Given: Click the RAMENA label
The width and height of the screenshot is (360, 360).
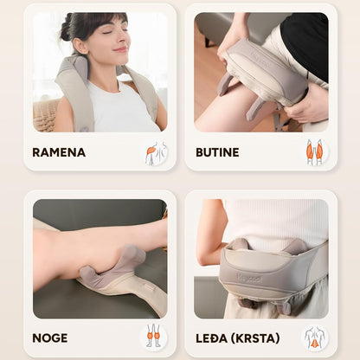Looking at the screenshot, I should point(59,152).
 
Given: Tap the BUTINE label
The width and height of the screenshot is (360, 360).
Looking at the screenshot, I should point(216,152).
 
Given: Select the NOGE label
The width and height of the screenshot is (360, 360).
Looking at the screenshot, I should point(49,338).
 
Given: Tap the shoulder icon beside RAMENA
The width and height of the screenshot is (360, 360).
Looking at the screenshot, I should point(156,152).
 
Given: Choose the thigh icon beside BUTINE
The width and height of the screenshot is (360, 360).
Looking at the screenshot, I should point(314,152).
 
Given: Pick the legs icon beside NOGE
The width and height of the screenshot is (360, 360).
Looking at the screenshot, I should point(153,337).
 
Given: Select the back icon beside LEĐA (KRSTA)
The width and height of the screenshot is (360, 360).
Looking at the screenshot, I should point(314,337).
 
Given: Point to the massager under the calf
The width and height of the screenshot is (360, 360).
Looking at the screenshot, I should point(121,268).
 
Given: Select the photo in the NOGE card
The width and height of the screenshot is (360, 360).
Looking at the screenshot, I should point(100,259).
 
